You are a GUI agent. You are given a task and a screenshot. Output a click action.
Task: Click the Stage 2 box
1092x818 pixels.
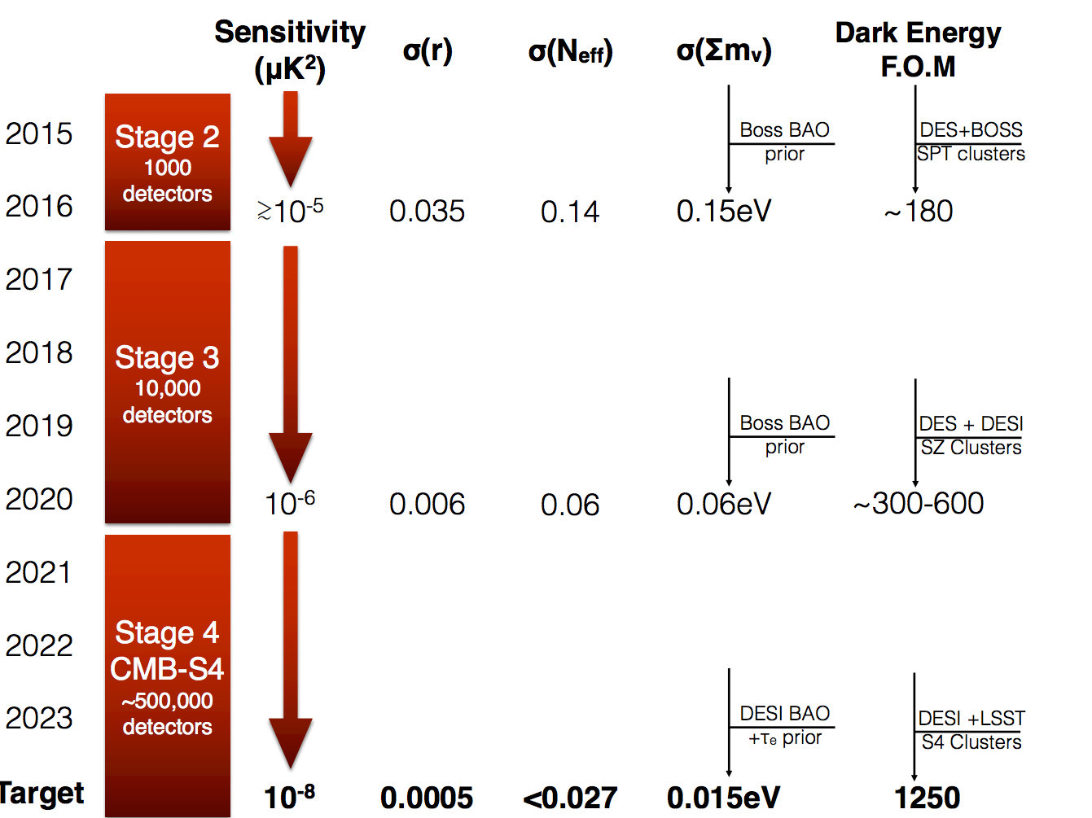pos(167,162)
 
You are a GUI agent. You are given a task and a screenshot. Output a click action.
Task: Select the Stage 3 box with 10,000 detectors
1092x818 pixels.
pos(167,383)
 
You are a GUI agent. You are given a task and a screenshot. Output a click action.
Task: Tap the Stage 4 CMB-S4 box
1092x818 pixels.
pos(167,676)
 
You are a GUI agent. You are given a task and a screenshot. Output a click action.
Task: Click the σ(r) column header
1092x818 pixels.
pos(428,50)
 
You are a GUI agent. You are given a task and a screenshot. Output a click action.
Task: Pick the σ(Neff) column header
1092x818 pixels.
pos(570,52)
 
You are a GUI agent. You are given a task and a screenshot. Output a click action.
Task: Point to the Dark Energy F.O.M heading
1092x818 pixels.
pos(918,49)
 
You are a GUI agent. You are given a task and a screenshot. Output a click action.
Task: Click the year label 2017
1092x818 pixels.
pos(39,279)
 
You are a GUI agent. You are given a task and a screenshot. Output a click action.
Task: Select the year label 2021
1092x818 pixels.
pos(39,572)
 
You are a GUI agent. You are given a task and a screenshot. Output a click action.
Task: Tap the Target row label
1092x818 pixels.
pos(41,793)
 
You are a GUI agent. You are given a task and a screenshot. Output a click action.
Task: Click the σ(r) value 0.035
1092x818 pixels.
pos(427,212)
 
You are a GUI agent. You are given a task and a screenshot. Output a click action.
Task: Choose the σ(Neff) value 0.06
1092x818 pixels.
pos(570,505)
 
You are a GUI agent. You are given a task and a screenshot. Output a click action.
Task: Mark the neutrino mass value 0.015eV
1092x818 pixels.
pos(723,798)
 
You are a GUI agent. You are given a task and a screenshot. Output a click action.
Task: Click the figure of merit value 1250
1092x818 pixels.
pos(927,798)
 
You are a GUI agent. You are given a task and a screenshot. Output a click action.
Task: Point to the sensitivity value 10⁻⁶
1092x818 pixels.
pos(290,503)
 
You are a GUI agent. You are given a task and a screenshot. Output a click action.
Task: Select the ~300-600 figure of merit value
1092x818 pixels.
pos(919,504)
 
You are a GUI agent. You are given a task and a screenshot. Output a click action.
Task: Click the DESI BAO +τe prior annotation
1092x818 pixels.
pos(784,725)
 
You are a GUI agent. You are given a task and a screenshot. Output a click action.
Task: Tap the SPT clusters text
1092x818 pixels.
pos(971,154)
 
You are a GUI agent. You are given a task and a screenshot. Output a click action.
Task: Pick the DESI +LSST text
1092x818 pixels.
pos(971,718)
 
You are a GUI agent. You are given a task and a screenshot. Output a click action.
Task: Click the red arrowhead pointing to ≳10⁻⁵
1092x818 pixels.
pos(291,161)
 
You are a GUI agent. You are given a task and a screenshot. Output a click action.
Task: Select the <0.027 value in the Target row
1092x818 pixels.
pos(570,798)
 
